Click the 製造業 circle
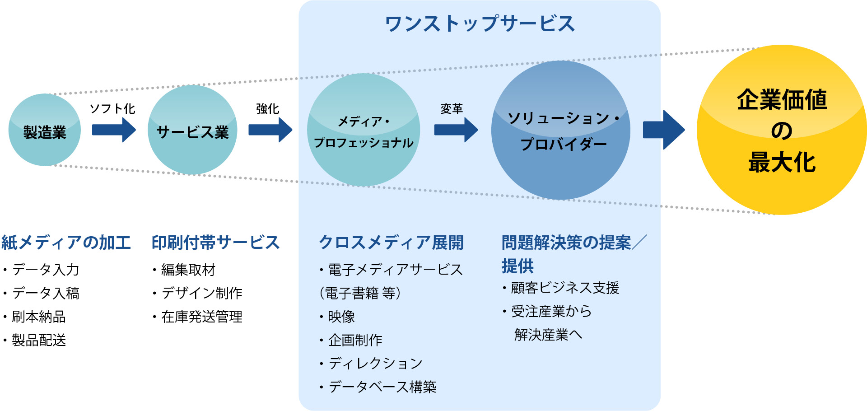click(x=45, y=130)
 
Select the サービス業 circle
click(x=192, y=130)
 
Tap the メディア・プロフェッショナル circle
click(x=364, y=130)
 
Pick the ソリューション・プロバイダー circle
click(x=561, y=130)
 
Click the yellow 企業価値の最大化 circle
click(x=782, y=130)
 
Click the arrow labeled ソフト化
click(x=114, y=130)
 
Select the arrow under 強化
click(x=270, y=130)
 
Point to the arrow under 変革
click(x=456, y=130)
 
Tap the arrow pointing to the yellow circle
click(x=664, y=130)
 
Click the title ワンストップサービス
click(x=480, y=23)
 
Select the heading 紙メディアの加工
click(x=66, y=243)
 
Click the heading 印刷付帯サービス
click(x=216, y=243)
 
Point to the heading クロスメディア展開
click(x=391, y=243)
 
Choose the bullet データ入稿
click(x=42, y=293)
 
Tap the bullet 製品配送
click(x=35, y=340)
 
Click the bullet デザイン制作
click(x=198, y=293)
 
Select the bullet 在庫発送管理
click(x=198, y=317)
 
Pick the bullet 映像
click(x=337, y=317)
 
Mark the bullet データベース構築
click(x=378, y=387)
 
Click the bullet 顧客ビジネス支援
click(x=561, y=288)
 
